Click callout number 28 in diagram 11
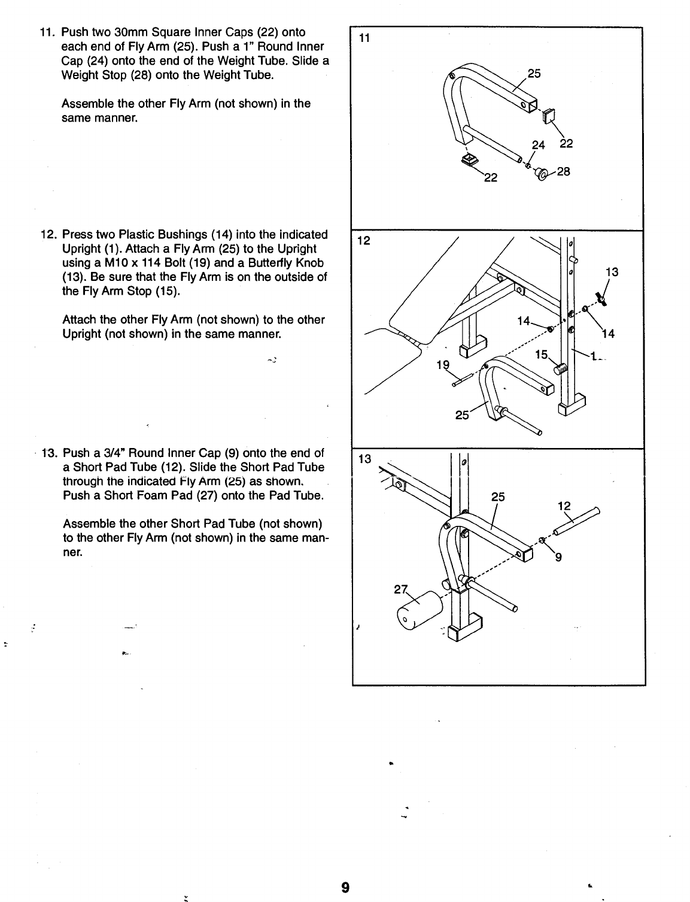click(564, 171)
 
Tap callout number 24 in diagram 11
click(539, 144)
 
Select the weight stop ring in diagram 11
click(541, 174)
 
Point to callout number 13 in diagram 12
click(612, 273)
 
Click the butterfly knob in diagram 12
click(601, 297)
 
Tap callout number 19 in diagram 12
click(443, 364)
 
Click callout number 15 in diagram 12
click(541, 355)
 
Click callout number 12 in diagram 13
click(564, 506)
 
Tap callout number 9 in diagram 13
click(558, 560)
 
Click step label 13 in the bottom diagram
click(364, 459)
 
